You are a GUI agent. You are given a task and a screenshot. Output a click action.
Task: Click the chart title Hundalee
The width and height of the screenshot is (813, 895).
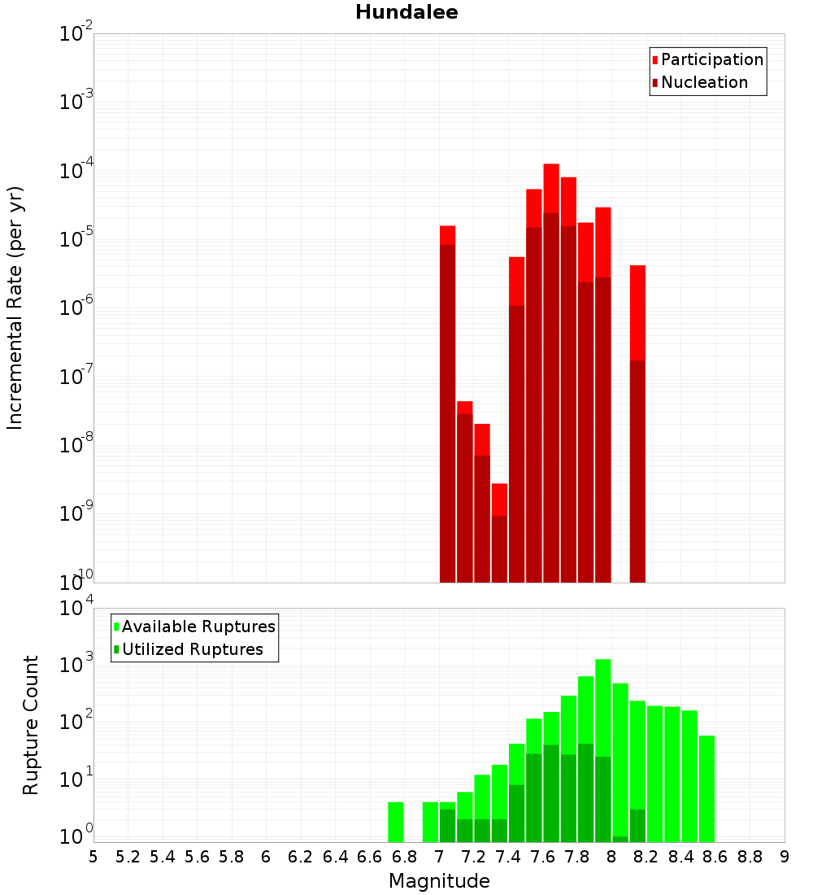click(x=406, y=12)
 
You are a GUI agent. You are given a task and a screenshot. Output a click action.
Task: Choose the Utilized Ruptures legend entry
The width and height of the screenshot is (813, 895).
click(x=192, y=649)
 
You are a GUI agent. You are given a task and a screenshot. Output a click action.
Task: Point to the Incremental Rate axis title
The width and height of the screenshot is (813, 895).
click(x=15, y=308)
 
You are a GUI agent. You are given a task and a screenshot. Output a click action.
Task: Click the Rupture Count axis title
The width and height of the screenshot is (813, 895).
click(x=31, y=724)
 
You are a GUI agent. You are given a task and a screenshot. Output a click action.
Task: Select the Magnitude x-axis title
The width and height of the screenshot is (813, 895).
click(x=439, y=881)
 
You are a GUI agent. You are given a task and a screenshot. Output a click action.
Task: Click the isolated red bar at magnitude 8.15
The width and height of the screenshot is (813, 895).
click(x=637, y=423)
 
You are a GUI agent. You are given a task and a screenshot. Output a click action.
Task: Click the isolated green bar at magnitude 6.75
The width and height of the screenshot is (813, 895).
click(x=396, y=822)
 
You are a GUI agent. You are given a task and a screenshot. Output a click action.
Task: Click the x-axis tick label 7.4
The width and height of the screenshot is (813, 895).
click(x=508, y=857)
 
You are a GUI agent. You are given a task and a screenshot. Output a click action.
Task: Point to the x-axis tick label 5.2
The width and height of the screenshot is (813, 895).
click(x=128, y=857)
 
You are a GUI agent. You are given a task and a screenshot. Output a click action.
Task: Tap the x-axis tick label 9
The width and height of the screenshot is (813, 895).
click(x=785, y=857)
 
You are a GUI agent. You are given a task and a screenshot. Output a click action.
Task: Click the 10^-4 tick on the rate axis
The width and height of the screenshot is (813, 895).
click(x=76, y=171)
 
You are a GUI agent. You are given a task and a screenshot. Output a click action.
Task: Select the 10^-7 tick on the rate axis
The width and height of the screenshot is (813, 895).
click(x=76, y=377)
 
